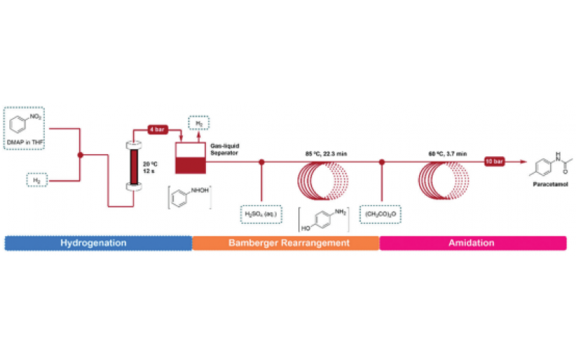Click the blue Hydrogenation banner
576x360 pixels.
98,243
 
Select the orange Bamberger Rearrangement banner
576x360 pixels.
286,243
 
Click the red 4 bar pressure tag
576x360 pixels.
159,130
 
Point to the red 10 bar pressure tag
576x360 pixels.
498,161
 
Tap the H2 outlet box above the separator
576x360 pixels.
200,124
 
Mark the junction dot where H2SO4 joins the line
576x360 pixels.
261,162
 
